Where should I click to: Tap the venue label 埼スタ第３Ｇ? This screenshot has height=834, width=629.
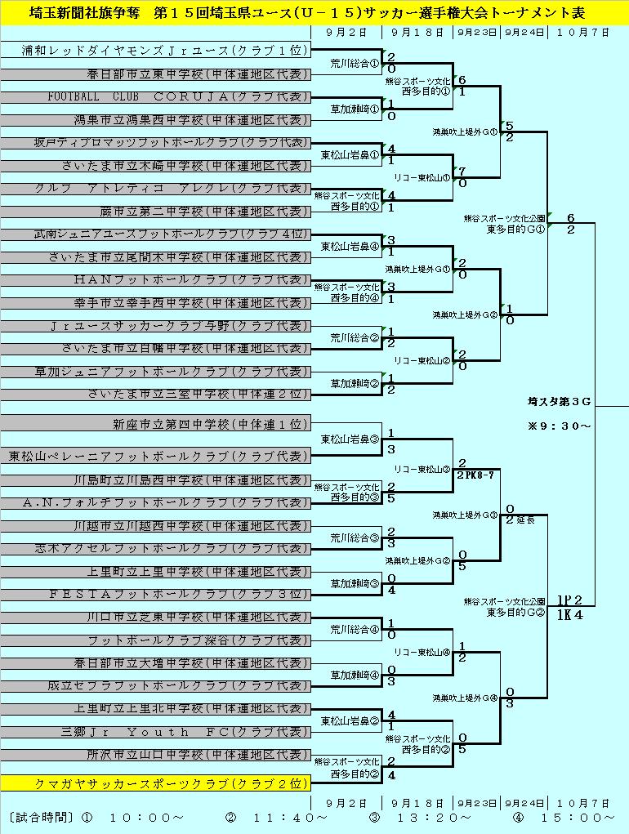pyautogui.click(x=559, y=401)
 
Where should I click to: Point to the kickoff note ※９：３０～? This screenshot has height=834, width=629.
pyautogui.click(x=559, y=426)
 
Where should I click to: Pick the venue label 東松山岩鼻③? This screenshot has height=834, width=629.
pyautogui.click(x=349, y=439)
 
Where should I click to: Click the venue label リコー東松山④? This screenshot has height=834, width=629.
pyautogui.click(x=422, y=653)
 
